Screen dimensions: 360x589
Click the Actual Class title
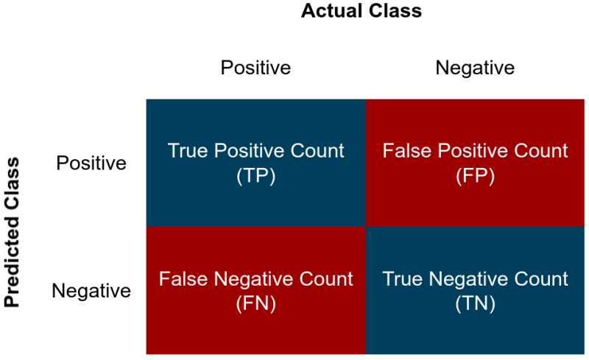(x=361, y=11)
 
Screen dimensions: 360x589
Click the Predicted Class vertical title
(x=12, y=230)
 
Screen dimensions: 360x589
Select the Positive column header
(x=255, y=68)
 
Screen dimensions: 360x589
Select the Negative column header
(x=475, y=68)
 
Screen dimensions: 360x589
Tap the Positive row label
(x=91, y=163)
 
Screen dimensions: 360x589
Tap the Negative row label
(x=91, y=291)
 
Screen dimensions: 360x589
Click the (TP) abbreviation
(x=255, y=176)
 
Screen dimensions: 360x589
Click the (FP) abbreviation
(x=475, y=176)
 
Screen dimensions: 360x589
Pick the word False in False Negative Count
(x=183, y=279)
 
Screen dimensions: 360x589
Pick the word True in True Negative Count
(x=403, y=279)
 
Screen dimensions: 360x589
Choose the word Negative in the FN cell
(x=254, y=279)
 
